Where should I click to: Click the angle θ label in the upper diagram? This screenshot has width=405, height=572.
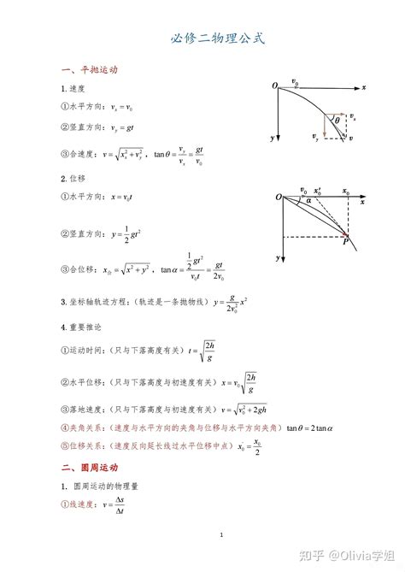tap(337, 121)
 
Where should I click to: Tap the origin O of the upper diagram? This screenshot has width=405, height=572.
tap(274, 86)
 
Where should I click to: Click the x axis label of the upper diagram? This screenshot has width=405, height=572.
tap(364, 87)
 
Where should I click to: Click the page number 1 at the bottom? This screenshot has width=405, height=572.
tap(220, 535)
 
